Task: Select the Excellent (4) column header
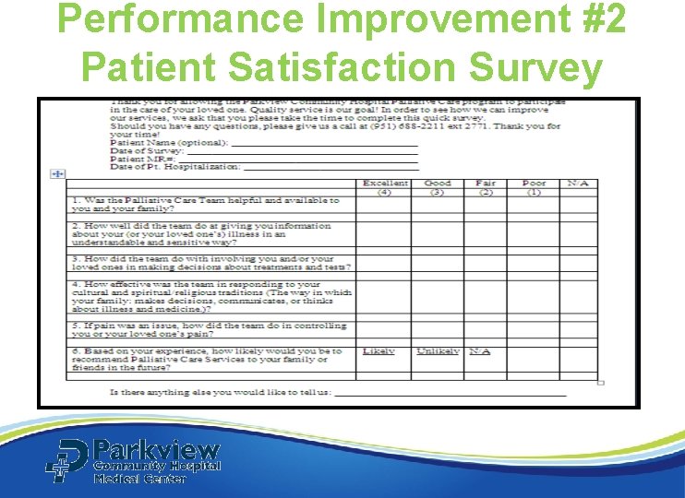[385, 187]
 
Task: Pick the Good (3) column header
[437, 187]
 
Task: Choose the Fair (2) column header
[485, 187]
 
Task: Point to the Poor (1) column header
[533, 187]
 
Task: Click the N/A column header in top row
[578, 184]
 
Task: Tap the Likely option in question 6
[379, 351]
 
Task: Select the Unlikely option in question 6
[438, 351]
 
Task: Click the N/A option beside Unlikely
[479, 351]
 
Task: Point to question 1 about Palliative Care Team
[205, 204]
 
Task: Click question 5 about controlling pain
[209, 330]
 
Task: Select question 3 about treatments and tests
[210, 263]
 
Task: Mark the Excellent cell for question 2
[385, 234]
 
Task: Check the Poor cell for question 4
[533, 297]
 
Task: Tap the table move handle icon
[56, 173]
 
